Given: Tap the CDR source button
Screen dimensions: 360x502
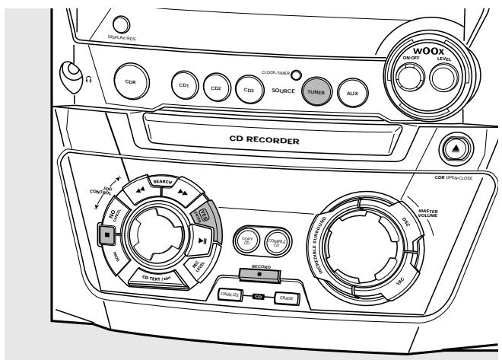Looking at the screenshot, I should [129, 82].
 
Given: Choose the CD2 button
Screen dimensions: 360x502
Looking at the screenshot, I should [215, 89].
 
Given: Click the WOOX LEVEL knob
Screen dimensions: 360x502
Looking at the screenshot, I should [443, 78].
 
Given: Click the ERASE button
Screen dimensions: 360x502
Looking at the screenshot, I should [287, 298].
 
